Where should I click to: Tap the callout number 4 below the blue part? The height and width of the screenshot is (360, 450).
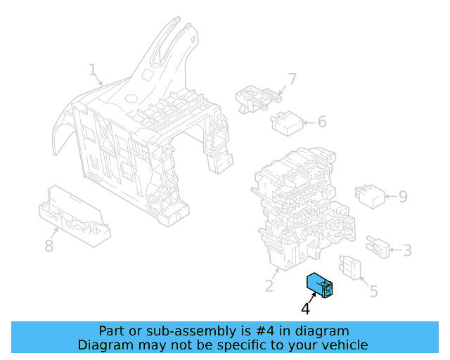coord(305,309)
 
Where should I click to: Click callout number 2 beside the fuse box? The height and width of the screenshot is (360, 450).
coord(269,285)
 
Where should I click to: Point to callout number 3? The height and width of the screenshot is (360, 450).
coord(407,250)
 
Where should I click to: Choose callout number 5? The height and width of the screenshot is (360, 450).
coord(373,290)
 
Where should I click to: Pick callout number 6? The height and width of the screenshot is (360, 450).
coord(322,122)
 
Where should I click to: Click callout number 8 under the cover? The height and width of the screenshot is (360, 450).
coord(49,245)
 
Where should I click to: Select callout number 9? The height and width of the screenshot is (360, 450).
coord(403,196)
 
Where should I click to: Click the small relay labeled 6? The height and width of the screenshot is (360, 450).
coord(286,124)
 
